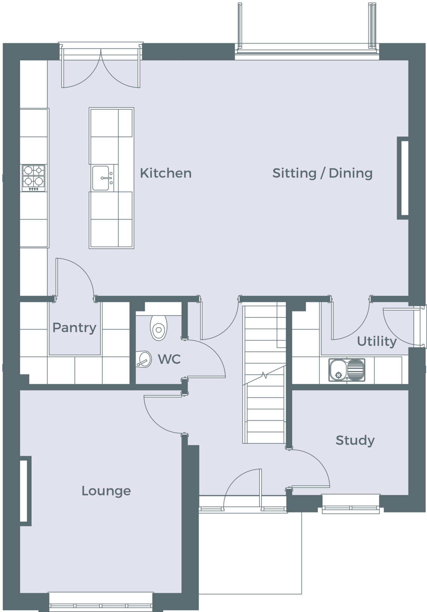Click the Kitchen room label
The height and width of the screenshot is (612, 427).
[x=166, y=173]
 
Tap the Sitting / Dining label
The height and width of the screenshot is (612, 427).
[x=322, y=173]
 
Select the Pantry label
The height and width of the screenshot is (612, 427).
[x=74, y=328]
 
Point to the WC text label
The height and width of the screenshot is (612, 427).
[x=169, y=359]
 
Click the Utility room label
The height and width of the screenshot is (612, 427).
[x=377, y=341]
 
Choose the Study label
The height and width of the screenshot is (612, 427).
[x=355, y=441]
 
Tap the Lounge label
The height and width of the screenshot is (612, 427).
[x=106, y=491]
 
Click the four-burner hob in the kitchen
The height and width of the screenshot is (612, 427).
[x=33, y=178]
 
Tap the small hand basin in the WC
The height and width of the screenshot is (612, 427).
[x=143, y=359]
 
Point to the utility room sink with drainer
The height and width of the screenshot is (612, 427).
[x=347, y=370]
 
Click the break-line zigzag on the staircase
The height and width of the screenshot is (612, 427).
[x=264, y=375]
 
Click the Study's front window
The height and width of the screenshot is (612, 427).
[x=351, y=504]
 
